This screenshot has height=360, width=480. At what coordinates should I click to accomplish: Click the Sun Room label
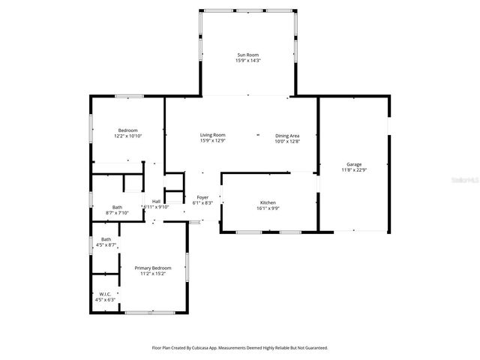click(247, 55)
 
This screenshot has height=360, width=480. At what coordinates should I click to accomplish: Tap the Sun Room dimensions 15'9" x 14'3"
click(247, 61)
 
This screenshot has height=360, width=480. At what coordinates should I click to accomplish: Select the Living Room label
click(213, 135)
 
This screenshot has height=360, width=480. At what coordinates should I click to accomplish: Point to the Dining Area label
click(287, 135)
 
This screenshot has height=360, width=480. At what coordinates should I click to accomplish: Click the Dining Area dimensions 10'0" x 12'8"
click(287, 141)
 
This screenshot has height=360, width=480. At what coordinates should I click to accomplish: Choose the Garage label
click(354, 163)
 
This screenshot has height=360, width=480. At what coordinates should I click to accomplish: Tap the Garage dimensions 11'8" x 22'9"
click(354, 169)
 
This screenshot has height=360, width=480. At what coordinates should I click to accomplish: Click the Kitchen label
click(268, 203)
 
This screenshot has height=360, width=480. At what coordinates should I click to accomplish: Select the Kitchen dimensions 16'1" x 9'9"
click(268, 209)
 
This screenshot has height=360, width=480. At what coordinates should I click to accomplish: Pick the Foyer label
click(202, 197)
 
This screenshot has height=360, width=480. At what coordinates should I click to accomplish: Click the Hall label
click(156, 201)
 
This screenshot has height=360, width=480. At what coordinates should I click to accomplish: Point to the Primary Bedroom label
click(153, 268)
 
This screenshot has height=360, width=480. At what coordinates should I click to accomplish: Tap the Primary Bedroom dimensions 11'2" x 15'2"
click(153, 274)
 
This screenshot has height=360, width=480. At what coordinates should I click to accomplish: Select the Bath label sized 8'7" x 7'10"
click(118, 207)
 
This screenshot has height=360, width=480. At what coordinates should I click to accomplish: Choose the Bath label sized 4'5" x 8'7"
click(106, 239)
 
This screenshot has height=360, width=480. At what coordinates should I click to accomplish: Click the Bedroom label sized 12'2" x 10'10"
click(127, 130)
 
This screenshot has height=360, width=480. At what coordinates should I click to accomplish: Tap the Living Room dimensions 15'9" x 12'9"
click(213, 141)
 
